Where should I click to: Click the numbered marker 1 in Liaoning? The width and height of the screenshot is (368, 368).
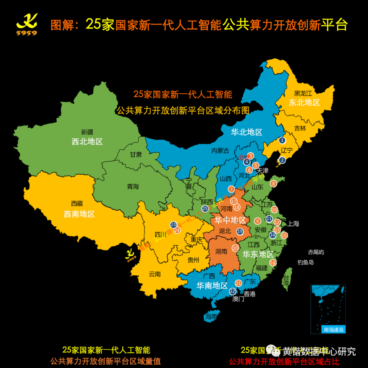coord(282,140)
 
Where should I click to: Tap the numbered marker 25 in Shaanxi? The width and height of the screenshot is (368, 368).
coord(205,209)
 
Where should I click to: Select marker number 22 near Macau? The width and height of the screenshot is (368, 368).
coord(232,291)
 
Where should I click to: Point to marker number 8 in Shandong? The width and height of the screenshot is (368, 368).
coord(273,184)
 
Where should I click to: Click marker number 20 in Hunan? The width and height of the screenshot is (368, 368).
coord(235,248)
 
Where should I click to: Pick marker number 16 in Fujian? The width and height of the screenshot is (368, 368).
coord(273,262)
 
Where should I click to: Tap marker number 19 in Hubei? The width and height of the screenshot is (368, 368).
coord(240,231)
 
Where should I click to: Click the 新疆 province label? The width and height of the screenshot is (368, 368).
coord(87,132)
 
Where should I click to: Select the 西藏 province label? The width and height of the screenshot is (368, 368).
coord(77,203)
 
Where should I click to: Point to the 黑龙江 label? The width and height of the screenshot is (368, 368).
coord(303,93)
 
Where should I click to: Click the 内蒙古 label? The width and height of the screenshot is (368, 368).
coord(220,150)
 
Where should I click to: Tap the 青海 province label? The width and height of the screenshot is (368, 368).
coord(133,186)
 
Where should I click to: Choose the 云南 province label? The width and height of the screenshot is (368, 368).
coord(155,274)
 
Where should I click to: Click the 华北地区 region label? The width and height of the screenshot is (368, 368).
coord(246,132)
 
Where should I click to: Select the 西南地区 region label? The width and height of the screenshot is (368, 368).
coord(79,214)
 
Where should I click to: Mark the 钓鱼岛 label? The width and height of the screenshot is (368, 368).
coord(306,262)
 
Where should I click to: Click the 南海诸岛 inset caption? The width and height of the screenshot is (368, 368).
coord(334,329)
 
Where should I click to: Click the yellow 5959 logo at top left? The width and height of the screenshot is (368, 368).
coord(27,25)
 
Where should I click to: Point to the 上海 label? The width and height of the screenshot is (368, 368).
coord(293,224)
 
